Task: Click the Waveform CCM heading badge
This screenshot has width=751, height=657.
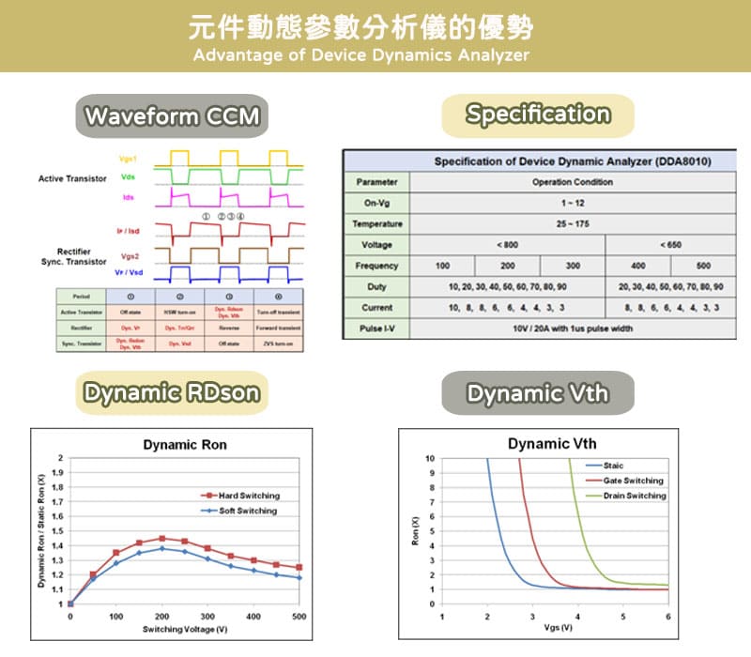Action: tap(170, 117)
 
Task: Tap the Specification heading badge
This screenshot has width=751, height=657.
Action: tap(538, 115)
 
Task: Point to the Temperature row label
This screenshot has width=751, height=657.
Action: tap(377, 224)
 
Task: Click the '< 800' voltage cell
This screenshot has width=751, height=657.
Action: tap(507, 245)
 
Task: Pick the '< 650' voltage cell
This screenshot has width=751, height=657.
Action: tap(670, 245)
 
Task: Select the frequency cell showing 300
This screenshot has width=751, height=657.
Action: tap(573, 266)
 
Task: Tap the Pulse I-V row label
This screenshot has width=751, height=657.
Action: tap(377, 328)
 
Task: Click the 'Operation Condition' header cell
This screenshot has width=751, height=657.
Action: tap(573, 182)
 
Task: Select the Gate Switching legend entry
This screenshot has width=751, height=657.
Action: tap(633, 481)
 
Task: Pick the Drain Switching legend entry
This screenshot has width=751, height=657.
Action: tap(634, 496)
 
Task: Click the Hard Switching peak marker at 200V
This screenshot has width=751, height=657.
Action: tap(161, 539)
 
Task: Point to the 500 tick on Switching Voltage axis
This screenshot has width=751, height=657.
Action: tap(299, 617)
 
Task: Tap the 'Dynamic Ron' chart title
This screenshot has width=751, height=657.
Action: tap(185, 445)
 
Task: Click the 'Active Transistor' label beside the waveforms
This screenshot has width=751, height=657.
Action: tap(72, 178)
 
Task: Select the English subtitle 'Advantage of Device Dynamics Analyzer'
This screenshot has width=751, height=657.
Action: tap(361, 55)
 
